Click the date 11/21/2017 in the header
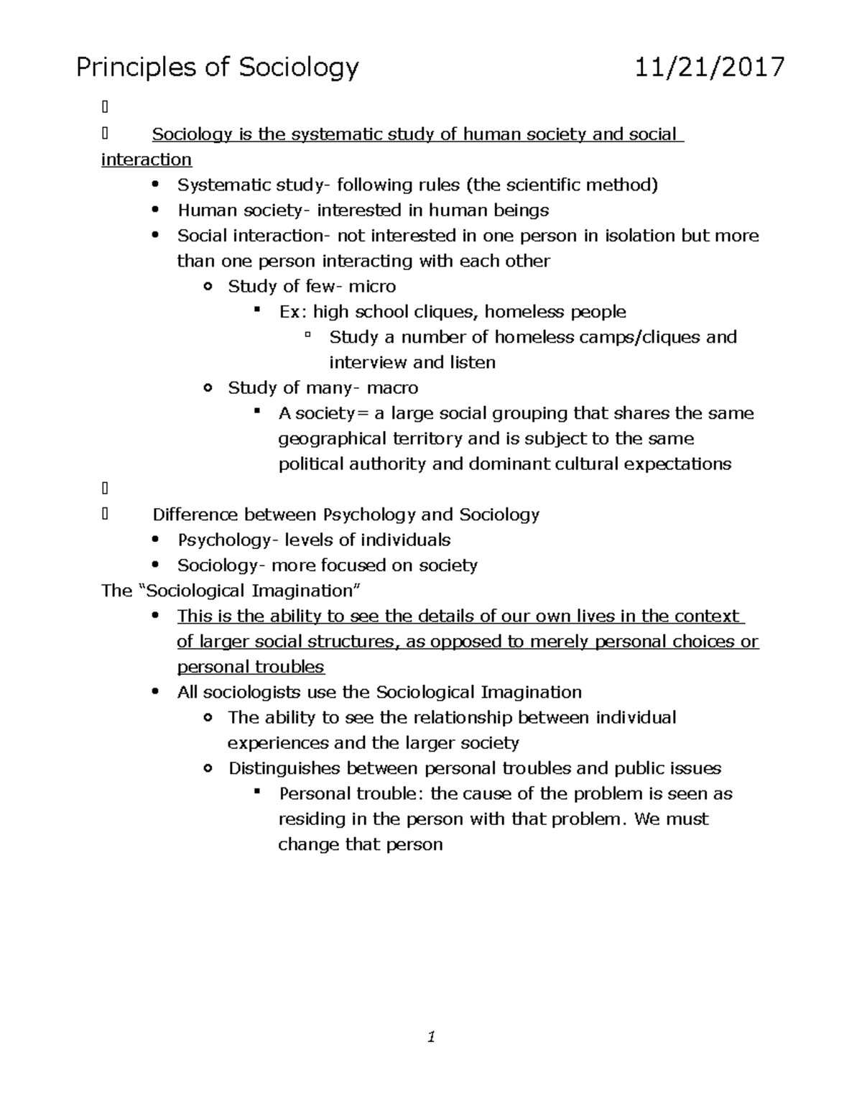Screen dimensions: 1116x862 pyautogui.click(x=710, y=68)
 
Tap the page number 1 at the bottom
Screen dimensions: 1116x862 pyautogui.click(x=431, y=1036)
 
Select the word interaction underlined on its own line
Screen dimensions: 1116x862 pyautogui.click(x=147, y=160)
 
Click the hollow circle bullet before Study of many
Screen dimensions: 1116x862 pyautogui.click(x=208, y=388)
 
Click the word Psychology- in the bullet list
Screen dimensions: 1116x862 pyautogui.click(x=225, y=540)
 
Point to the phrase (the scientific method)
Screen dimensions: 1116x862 pyautogui.click(x=562, y=185)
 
